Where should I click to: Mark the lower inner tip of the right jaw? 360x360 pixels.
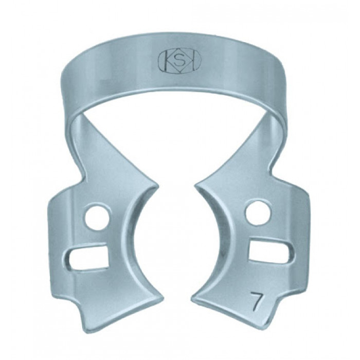coord(193,298)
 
